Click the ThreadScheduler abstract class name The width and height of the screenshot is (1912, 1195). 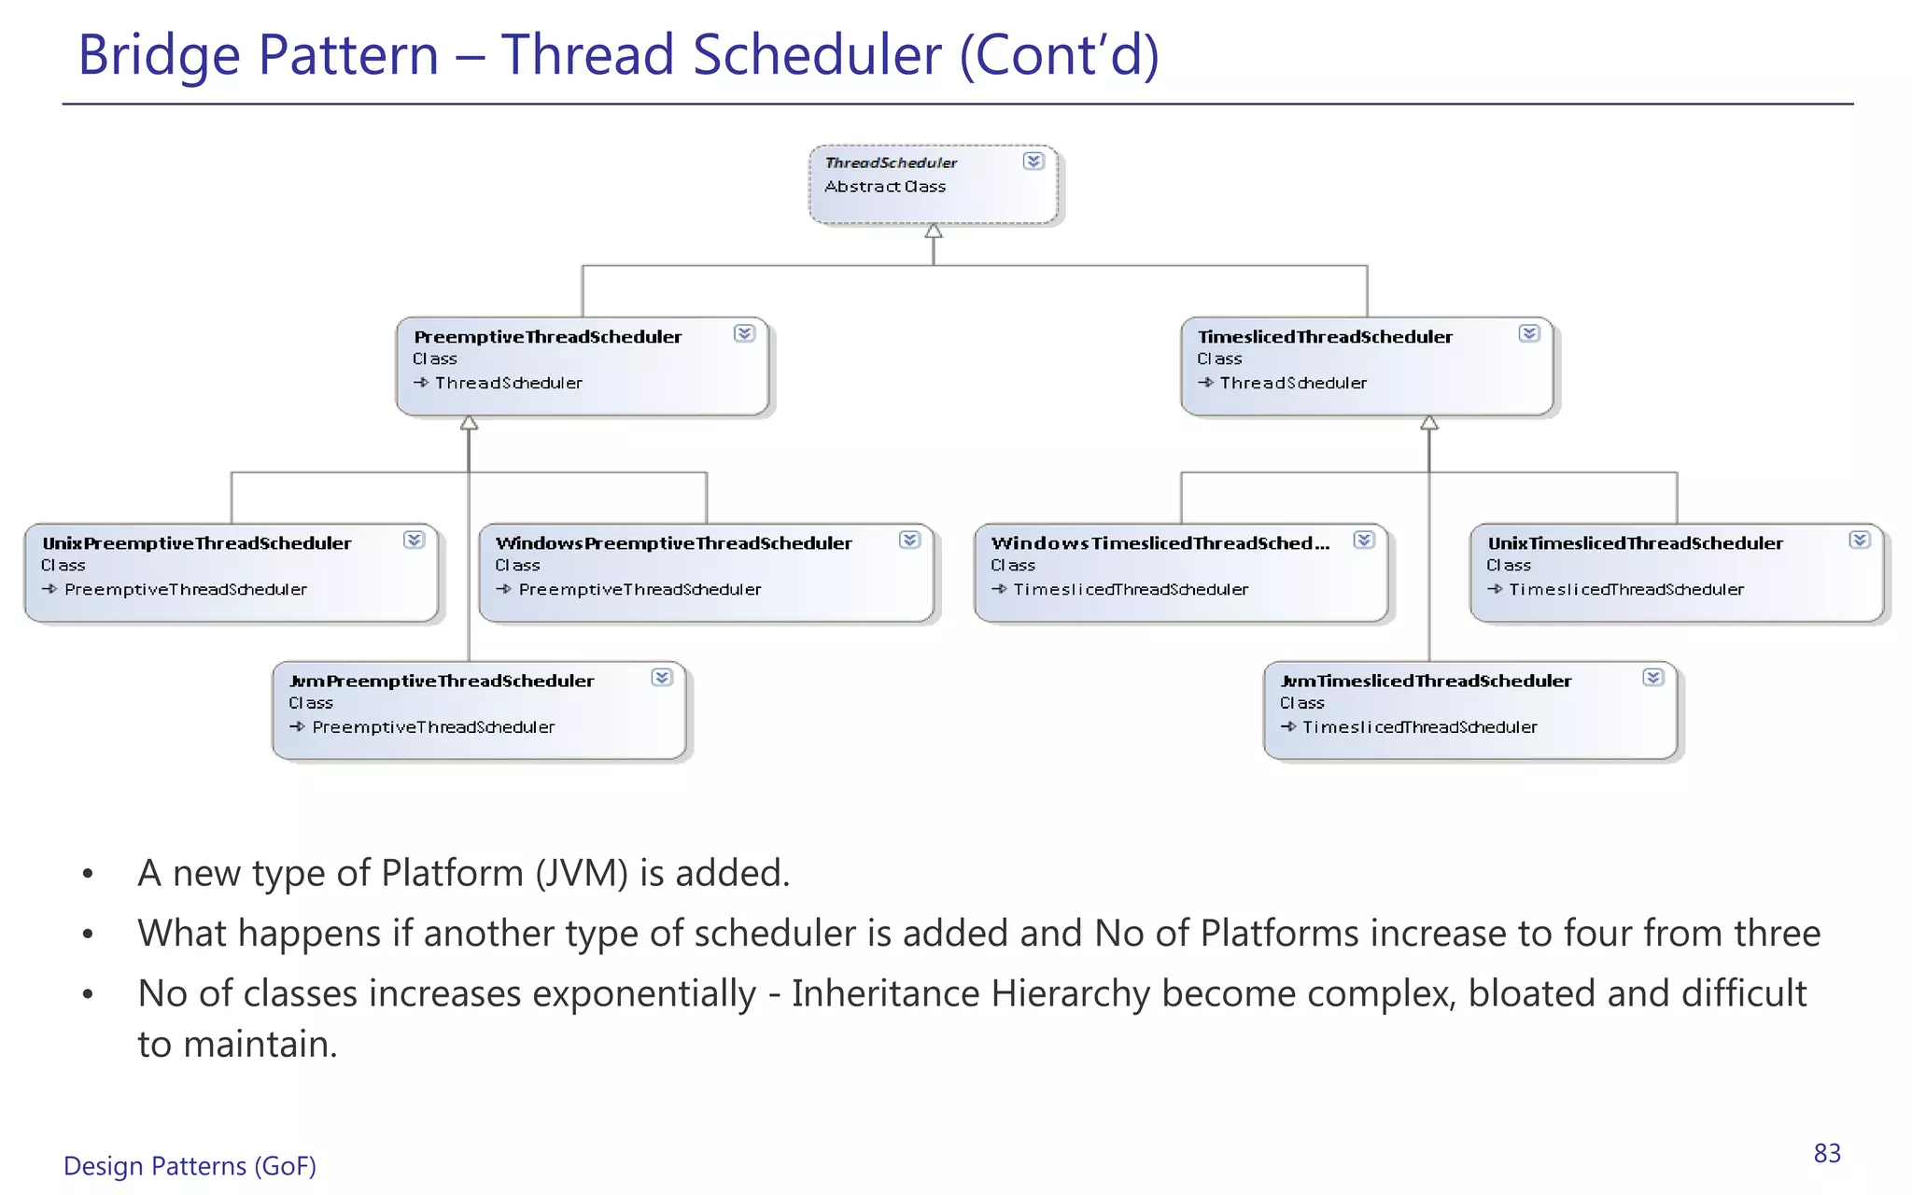pyautogui.click(x=891, y=162)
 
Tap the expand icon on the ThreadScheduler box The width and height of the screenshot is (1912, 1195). pyautogui.click(x=1033, y=162)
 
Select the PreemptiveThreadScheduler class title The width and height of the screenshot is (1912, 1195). pyautogui.click(x=547, y=337)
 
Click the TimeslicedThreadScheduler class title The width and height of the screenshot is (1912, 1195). pyautogui.click(x=1325, y=337)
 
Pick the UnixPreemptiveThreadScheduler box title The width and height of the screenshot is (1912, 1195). pyautogui.click(x=197, y=543)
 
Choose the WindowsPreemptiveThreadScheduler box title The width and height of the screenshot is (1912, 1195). pyautogui.click(x=673, y=543)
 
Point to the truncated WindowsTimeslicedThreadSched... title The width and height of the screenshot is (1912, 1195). pyautogui.click(x=1160, y=543)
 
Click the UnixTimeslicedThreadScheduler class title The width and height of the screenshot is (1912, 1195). pyautogui.click(x=1635, y=543)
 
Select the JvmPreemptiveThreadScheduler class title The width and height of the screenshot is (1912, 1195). pyautogui.click(x=442, y=682)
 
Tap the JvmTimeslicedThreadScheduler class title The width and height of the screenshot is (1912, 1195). pyautogui.click(x=1426, y=682)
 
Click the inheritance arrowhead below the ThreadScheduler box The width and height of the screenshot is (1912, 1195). pyautogui.click(x=934, y=232)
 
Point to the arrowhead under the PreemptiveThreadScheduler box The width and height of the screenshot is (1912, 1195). pyautogui.click(x=469, y=424)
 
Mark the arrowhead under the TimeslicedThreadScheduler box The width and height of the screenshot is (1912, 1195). pyautogui.click(x=1429, y=424)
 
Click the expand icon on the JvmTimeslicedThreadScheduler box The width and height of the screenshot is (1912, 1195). pyautogui.click(x=1652, y=678)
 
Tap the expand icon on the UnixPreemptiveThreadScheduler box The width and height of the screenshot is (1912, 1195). pyautogui.click(x=414, y=540)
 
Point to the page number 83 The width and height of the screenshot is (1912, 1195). pyautogui.click(x=1827, y=1154)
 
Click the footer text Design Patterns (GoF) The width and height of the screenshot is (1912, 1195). pyautogui.click(x=190, y=1166)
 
